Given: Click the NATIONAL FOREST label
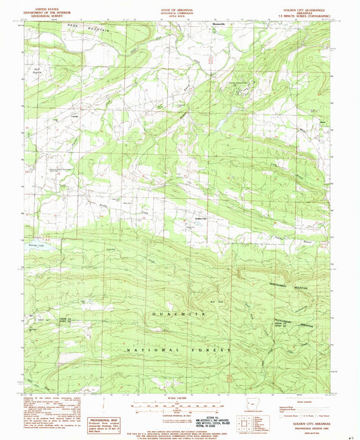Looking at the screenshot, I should pyautogui.click(x=180, y=350).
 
